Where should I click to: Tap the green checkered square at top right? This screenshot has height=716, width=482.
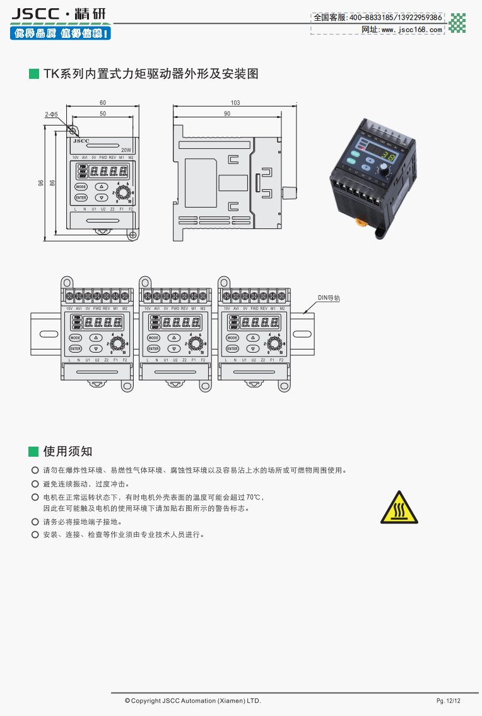coord(457,23)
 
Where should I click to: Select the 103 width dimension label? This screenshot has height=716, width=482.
coord(235,102)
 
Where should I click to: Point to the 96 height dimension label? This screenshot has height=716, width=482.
coord(41,183)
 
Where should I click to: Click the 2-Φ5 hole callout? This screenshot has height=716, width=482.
coord(52,114)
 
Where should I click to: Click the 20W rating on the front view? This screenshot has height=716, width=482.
coord(126,150)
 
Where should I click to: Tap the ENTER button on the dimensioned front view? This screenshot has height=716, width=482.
coord(81,197)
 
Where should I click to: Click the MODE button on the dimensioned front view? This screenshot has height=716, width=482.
coord(81,187)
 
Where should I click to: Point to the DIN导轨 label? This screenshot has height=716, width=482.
coord(328,298)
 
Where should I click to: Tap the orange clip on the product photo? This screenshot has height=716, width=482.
coord(361,221)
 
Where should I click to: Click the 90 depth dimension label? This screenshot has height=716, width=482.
coord(227,114)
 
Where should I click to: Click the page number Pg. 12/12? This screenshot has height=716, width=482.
coord(449,701)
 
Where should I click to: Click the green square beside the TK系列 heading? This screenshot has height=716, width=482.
coord(34,74)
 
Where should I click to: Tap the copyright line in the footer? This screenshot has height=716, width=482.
coord(192,701)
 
